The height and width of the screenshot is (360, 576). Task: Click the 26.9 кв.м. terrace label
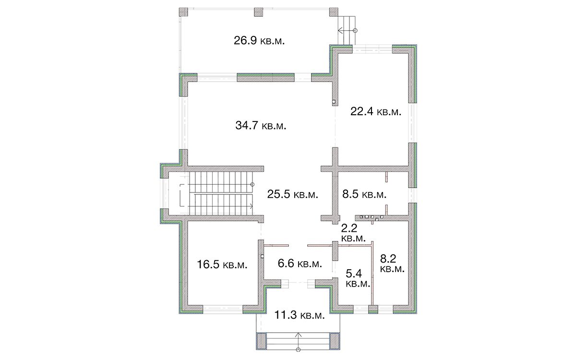(259, 41)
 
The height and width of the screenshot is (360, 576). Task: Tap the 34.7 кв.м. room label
(261, 125)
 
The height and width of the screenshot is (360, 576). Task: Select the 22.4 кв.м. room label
(376, 111)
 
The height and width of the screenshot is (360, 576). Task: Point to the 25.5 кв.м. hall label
(293, 194)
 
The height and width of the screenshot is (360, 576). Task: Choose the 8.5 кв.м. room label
(364, 194)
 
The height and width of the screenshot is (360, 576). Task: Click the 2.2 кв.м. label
(353, 233)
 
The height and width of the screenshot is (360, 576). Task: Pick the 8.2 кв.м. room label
(392, 263)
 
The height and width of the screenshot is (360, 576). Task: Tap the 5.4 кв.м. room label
(358, 278)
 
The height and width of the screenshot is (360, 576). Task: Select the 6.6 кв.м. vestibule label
(300, 264)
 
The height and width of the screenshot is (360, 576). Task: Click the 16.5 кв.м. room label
(222, 264)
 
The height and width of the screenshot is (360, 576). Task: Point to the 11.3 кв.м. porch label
(300, 315)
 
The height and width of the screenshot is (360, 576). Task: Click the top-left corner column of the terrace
(183, 12)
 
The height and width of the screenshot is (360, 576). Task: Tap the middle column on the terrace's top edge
(258, 12)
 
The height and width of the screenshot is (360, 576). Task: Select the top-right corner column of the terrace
(334, 12)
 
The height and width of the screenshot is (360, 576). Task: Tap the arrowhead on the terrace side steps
(340, 30)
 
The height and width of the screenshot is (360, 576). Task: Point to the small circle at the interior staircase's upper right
(252, 184)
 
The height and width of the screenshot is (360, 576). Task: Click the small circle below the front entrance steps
(298, 350)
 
